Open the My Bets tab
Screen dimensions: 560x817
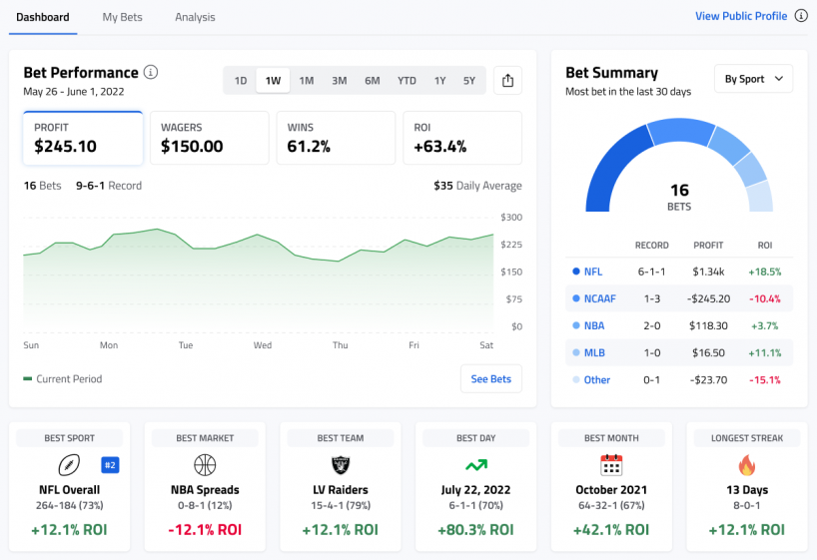coord(122,17)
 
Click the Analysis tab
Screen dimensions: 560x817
coord(195,17)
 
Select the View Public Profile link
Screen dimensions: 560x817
coord(740,16)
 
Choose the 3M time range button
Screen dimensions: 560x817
coord(340,81)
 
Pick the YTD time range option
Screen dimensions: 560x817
coord(407,81)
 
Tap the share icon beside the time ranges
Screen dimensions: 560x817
coord(507,81)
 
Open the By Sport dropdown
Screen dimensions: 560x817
coord(753,79)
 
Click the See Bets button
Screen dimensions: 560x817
coord(490,379)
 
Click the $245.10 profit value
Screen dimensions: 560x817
coord(65,147)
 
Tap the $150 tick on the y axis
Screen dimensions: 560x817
coord(511,272)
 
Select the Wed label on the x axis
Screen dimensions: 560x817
coord(263,345)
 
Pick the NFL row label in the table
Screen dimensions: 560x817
coord(593,272)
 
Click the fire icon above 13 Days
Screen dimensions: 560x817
coord(746,465)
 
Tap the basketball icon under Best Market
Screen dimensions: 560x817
coord(205,465)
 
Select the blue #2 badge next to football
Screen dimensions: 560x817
coord(110,464)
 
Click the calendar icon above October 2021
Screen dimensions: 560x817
coord(611,465)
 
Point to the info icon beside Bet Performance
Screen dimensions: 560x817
coord(151,72)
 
